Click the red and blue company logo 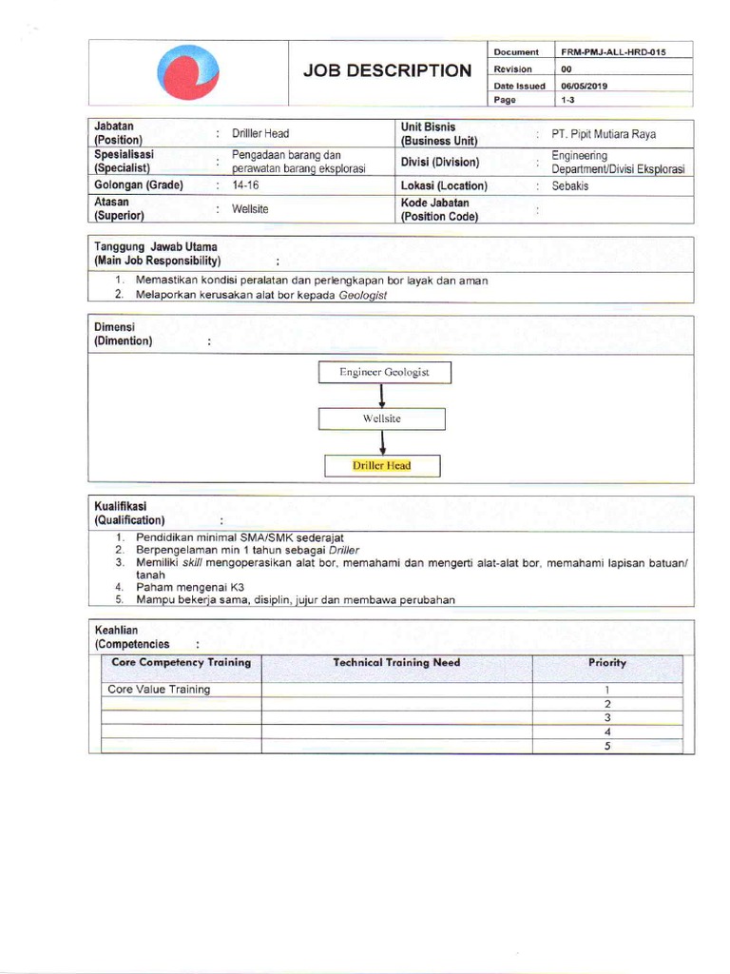[189, 73]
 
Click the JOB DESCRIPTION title [386, 70]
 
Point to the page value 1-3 [568, 100]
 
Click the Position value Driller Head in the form [260, 134]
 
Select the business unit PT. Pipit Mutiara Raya [604, 134]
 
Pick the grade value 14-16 [245, 185]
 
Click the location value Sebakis [570, 186]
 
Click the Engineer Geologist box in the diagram [384, 372]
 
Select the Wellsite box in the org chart [381, 419]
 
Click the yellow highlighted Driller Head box [381, 465]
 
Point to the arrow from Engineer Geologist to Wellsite [381, 396]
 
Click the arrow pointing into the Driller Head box [382, 442]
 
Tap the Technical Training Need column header [396, 662]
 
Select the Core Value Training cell [159, 690]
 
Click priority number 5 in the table [606, 747]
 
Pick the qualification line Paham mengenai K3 [190, 588]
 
